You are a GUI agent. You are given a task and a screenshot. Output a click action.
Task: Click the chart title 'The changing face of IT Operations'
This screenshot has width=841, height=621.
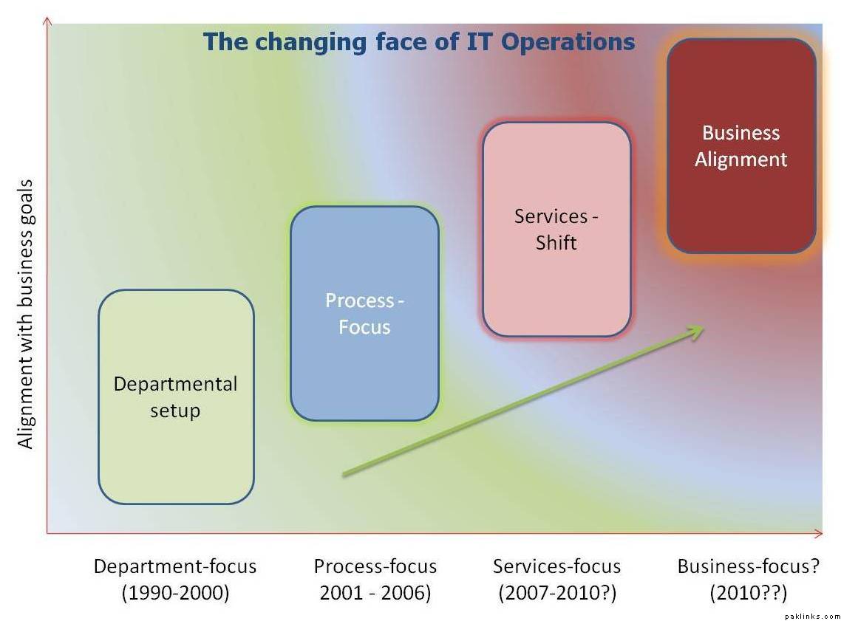419,42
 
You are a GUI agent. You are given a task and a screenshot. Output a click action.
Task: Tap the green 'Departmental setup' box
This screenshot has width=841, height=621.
176,397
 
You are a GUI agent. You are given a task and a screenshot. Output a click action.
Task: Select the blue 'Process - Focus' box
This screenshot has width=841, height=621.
365,313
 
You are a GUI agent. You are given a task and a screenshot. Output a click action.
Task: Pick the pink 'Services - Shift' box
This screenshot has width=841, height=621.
556,230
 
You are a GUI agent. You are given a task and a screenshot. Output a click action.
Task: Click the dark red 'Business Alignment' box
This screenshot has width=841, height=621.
742,145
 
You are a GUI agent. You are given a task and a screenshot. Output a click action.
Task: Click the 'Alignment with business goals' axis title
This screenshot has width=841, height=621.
25,314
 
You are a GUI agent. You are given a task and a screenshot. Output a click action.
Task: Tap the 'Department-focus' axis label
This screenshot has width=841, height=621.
175,566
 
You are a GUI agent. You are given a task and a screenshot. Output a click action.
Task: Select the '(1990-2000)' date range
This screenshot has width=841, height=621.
175,593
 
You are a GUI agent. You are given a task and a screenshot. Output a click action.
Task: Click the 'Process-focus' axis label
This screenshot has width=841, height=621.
375,566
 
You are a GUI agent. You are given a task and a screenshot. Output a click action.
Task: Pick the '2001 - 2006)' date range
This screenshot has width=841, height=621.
375,593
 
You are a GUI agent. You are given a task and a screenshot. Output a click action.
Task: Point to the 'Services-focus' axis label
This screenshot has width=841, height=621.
556,566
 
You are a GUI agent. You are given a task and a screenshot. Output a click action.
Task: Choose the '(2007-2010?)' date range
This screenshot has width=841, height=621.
557,593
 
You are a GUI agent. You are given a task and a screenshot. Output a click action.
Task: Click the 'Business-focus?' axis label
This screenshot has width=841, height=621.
749,566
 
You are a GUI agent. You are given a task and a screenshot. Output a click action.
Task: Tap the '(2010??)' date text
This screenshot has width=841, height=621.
749,593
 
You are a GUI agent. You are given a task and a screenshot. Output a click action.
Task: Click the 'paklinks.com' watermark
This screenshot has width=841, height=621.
813,617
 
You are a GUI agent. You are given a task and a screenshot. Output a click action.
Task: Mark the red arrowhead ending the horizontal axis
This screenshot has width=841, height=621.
819,533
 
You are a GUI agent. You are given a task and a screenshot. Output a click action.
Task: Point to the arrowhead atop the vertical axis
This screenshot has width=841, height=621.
47,21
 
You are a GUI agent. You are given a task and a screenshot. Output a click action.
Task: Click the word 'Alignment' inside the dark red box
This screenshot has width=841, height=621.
740,159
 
